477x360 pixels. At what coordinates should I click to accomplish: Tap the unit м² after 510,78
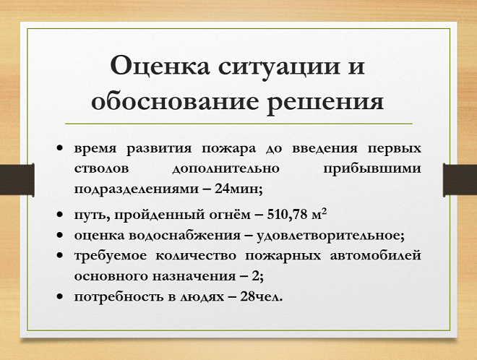(x=322, y=215)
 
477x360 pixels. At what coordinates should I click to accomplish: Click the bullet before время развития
(x=60, y=148)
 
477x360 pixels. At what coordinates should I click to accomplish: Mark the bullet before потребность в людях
(x=60, y=296)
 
